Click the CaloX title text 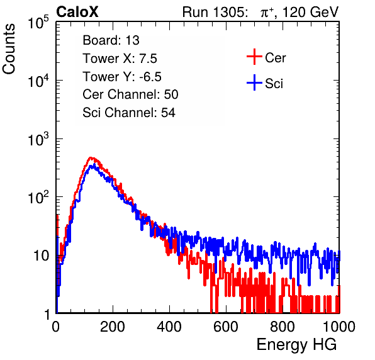pyautogui.click(x=77, y=12)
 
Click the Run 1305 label pyautogui.click(x=214, y=12)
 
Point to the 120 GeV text pyautogui.click(x=310, y=12)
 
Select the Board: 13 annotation pyautogui.click(x=111, y=40)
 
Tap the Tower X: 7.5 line pyautogui.click(x=120, y=59)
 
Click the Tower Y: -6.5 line pyautogui.click(x=122, y=77)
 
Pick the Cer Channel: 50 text pyautogui.click(x=130, y=94)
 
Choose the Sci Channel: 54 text pyautogui.click(x=129, y=113)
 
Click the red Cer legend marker pyautogui.click(x=254, y=57)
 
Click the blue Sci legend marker pyautogui.click(x=254, y=82)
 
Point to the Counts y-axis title pyautogui.click(x=9, y=49)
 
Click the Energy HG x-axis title pyautogui.click(x=296, y=345)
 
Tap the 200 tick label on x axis pyautogui.click(x=113, y=327)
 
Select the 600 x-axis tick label pyautogui.click(x=226, y=327)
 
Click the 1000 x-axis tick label pyautogui.click(x=339, y=327)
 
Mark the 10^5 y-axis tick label pyautogui.click(x=38, y=23)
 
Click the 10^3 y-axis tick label pyautogui.click(x=38, y=139)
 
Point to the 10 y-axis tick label pyautogui.click(x=41, y=256)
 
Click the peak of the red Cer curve pyautogui.click(x=91, y=157)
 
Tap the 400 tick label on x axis pyautogui.click(x=169, y=327)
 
